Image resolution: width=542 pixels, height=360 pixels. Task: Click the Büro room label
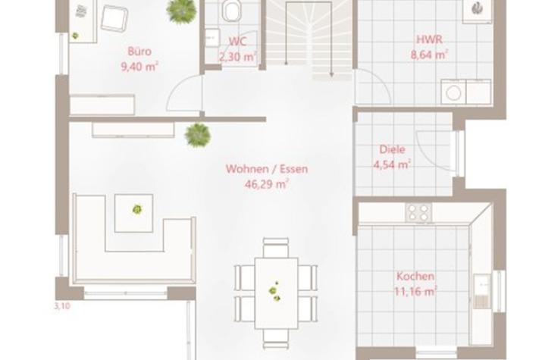[139, 52]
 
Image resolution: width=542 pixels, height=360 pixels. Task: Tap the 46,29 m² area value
[267, 184]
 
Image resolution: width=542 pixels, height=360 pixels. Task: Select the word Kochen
[415, 277]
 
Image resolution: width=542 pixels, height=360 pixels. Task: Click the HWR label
[429, 39]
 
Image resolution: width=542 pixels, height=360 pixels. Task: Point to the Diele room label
[393, 149]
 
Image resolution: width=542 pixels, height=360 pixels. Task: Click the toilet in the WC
[232, 11]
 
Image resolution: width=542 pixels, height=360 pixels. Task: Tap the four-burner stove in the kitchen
[418, 212]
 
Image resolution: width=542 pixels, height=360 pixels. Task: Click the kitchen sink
[482, 291]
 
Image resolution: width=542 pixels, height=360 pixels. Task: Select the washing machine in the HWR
[453, 92]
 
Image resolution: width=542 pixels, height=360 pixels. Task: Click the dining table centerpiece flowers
[274, 291]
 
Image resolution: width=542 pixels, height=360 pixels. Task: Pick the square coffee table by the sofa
[133, 213]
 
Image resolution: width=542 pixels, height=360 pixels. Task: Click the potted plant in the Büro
[181, 11]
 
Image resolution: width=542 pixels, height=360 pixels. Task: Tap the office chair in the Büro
[114, 17]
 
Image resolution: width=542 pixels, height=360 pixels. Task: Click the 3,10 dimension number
[63, 306]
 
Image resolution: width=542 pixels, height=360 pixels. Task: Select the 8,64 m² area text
[429, 55]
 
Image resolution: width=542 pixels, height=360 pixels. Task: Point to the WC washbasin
[212, 37]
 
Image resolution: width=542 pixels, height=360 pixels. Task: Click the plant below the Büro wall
[198, 135]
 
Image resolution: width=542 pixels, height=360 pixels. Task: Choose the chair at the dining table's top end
[275, 247]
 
